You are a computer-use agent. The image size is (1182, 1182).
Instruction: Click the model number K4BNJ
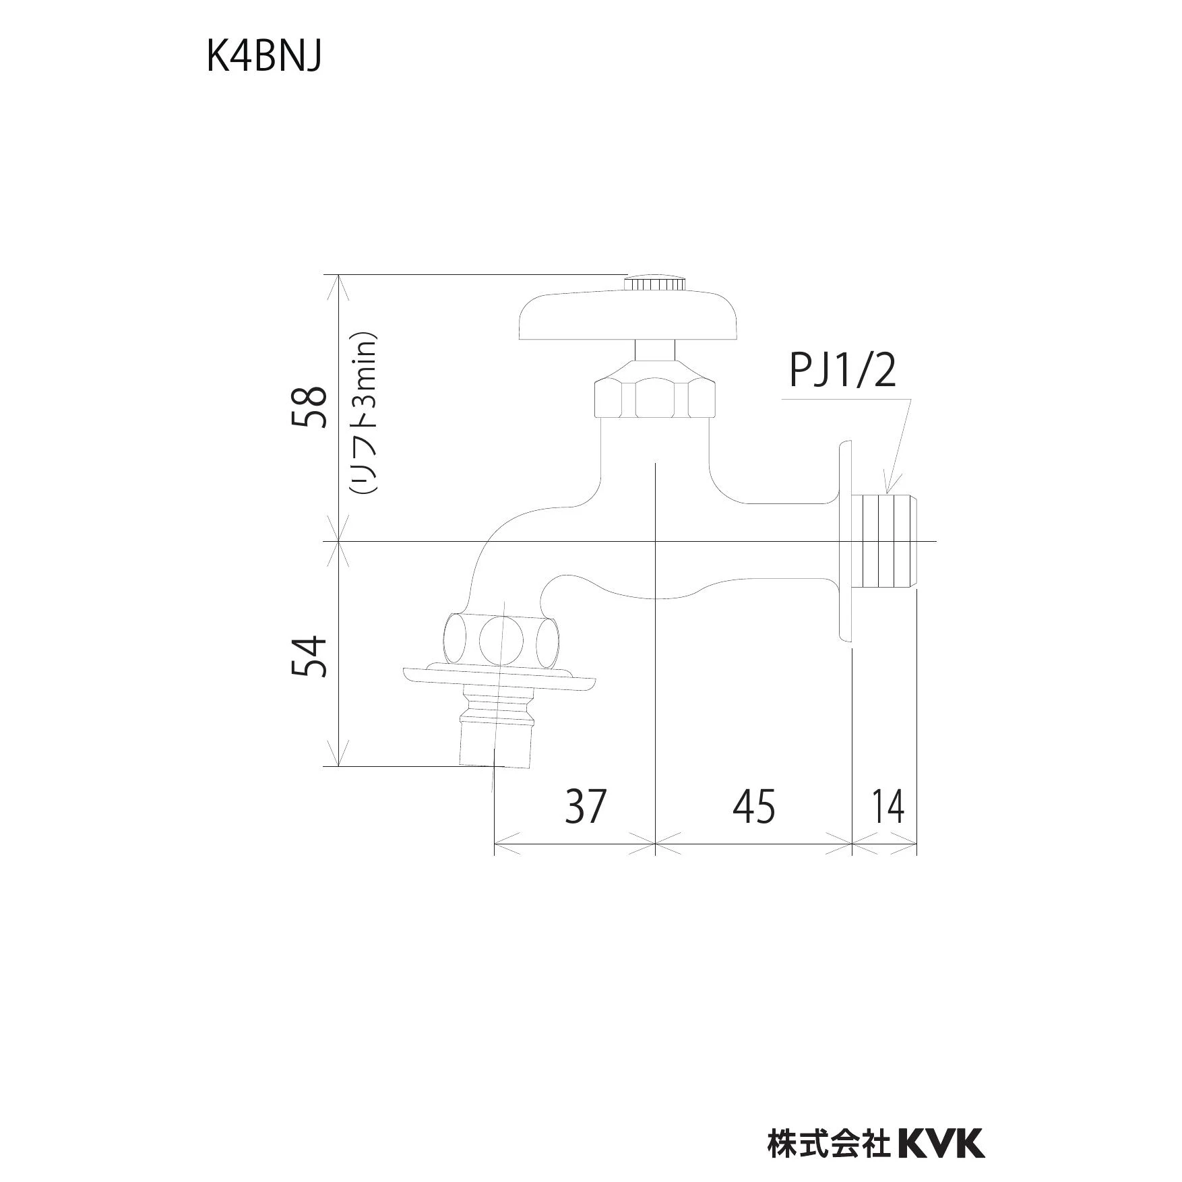(x=263, y=59)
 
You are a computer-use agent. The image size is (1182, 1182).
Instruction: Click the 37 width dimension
(x=586, y=806)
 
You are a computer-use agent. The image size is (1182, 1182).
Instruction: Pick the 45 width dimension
(x=754, y=806)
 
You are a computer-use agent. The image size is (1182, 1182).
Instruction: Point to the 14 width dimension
(x=888, y=806)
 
